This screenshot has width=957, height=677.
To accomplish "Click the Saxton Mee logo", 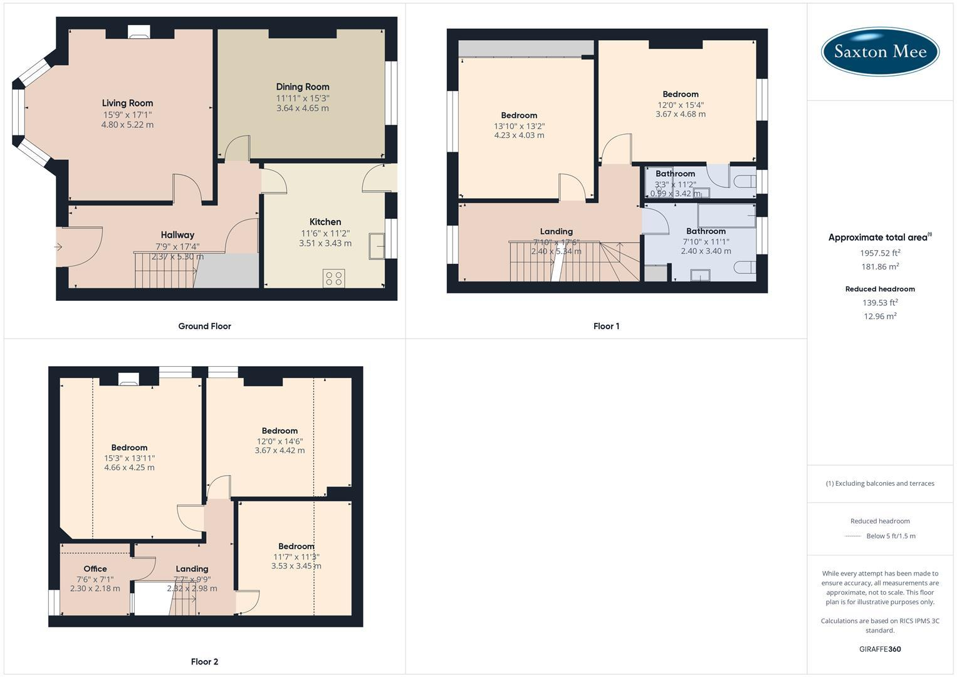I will pos(879,51).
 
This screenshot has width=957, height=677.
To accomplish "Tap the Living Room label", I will pos(127,103).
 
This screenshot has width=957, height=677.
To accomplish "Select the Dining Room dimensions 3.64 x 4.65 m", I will pos(303,108).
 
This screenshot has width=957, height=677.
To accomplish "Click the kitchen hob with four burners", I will pos(333,278).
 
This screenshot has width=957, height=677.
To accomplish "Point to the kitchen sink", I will pos(378,245).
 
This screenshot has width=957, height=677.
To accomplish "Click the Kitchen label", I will pos(325,222).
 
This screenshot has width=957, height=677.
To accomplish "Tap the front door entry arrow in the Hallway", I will pos(59,247).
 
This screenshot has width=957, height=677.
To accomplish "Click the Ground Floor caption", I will pos(204,326).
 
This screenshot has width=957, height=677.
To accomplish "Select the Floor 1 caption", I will pos(606,326).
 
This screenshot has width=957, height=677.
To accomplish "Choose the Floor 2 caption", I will pos(204,661).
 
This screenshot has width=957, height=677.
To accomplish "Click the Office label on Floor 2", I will pos(95,569).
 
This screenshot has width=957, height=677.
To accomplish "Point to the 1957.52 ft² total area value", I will pos(880,253).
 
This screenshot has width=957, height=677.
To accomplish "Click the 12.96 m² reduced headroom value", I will pos(880,317).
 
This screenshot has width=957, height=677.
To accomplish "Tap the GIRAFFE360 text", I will pos(880,649).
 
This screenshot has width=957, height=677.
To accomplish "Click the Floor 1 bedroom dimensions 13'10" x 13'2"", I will pos(519,126).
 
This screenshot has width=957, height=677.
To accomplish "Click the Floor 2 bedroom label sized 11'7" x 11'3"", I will pos(296,546).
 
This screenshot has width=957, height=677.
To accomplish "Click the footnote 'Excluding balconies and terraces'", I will pos(880,483).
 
